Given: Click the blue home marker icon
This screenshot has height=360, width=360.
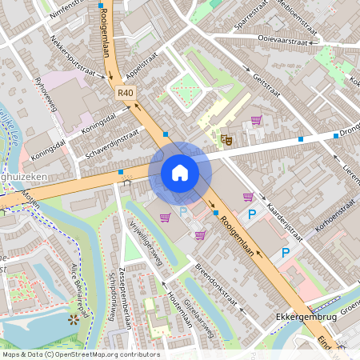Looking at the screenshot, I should click(180, 173).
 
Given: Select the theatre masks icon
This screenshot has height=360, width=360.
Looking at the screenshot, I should click(226, 138).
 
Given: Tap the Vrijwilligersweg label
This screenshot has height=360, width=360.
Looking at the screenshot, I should click(146, 244).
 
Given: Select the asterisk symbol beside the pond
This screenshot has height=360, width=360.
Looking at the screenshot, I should click(74, 318).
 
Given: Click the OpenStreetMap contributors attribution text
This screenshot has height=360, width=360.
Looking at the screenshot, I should click(80, 354).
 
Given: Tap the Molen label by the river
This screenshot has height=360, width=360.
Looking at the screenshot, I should click(30, 198).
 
